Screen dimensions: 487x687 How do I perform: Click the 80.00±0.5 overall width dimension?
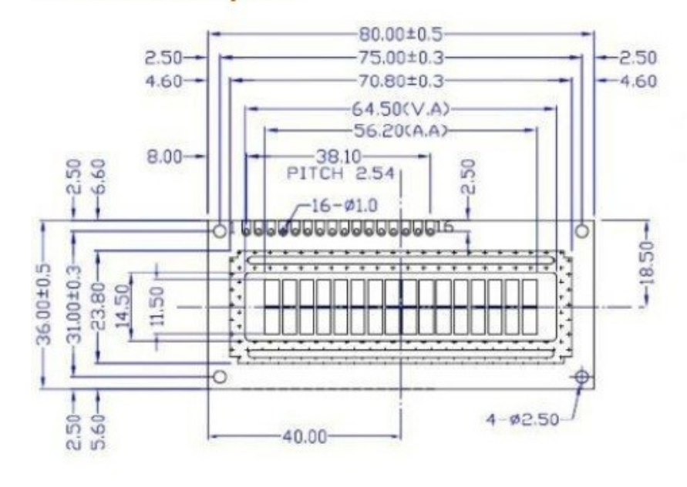click(x=401, y=34)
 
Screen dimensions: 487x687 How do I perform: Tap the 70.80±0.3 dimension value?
click(x=401, y=79)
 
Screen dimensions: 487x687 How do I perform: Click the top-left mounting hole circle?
click(x=220, y=229)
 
